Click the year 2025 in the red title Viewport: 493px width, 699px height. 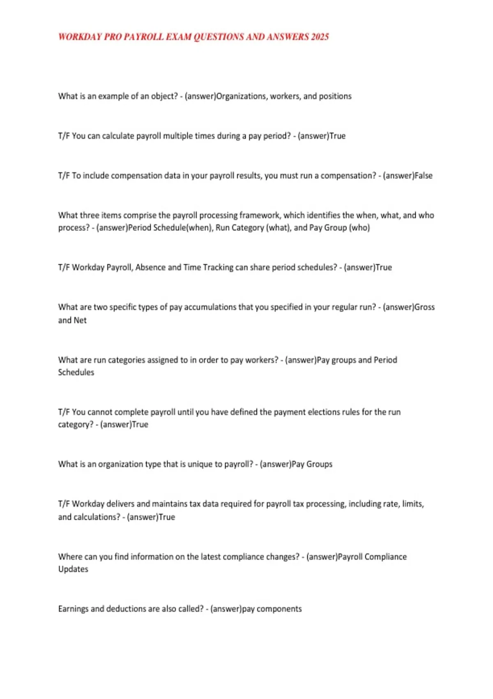tap(320, 37)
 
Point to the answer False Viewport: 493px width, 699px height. tap(423, 176)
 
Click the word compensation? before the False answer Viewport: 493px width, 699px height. tap(348, 176)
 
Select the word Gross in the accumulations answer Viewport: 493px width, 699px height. tap(425, 307)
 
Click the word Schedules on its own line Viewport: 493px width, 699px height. tap(76, 373)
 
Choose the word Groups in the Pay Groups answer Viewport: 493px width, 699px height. tap(319, 464)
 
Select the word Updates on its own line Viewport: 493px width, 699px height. tap(73, 569)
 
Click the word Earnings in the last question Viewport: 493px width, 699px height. tap(73, 609)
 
